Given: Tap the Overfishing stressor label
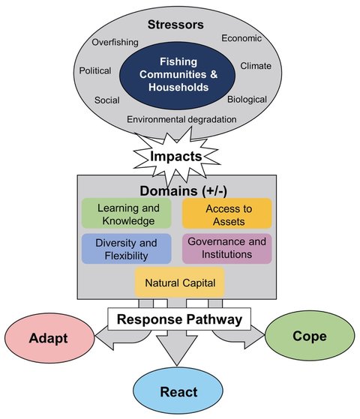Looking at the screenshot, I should pyautogui.click(x=115, y=42).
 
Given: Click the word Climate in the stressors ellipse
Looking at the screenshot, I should pyautogui.click(x=256, y=66).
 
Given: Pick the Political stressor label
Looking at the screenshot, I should pyautogui.click(x=95, y=71).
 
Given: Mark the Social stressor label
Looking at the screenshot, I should pyautogui.click(x=107, y=100).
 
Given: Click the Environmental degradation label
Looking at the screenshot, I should pyautogui.click(x=182, y=119).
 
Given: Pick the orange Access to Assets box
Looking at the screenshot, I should pyautogui.click(x=226, y=214).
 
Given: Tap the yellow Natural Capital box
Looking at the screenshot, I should pyautogui.click(x=180, y=284).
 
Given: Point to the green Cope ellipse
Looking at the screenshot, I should pyautogui.click(x=307, y=336).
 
